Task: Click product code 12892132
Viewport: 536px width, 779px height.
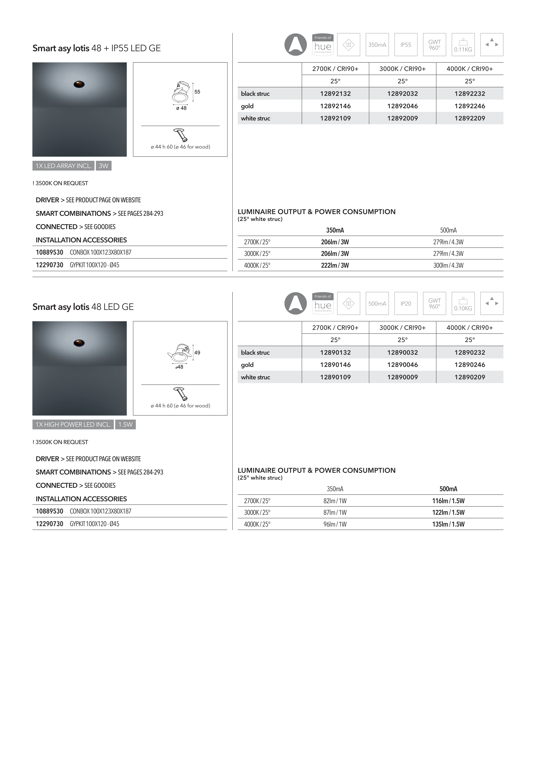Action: click(x=335, y=94)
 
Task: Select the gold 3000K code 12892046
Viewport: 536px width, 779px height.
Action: click(x=402, y=106)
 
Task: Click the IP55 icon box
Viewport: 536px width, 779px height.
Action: click(x=406, y=45)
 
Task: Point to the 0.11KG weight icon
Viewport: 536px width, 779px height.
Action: click(x=463, y=45)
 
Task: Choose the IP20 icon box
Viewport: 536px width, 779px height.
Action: click(x=406, y=303)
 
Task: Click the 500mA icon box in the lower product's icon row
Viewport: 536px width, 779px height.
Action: click(x=377, y=303)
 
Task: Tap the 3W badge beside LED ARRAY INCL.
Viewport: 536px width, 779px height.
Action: click(x=103, y=166)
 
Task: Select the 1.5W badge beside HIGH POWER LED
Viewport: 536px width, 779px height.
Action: click(x=125, y=424)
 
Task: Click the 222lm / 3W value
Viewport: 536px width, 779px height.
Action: click(x=335, y=265)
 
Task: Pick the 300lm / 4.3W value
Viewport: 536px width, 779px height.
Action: click(x=448, y=265)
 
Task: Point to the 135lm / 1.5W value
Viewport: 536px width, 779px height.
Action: click(x=448, y=524)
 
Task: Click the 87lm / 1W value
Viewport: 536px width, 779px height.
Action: click(x=335, y=512)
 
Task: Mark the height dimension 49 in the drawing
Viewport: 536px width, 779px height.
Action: click(x=197, y=353)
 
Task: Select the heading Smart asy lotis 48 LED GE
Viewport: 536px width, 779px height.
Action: click(x=83, y=307)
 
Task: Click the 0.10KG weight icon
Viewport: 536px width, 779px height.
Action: click(x=463, y=303)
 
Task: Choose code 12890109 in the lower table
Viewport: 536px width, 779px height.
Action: click(x=335, y=377)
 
